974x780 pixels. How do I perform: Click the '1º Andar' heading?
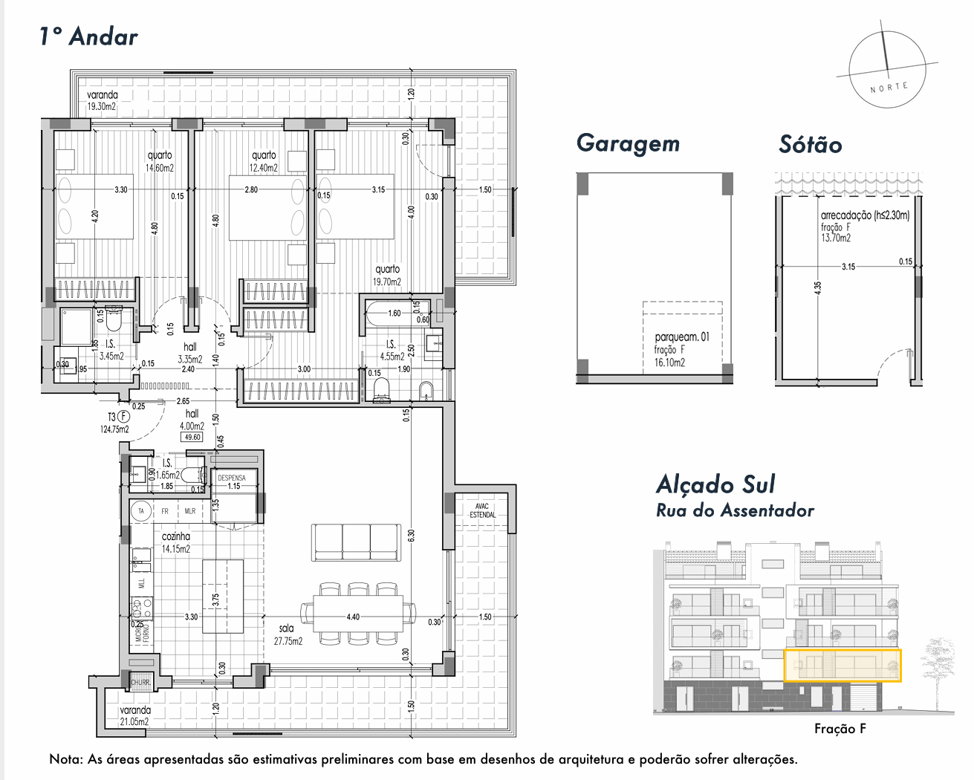[88, 36]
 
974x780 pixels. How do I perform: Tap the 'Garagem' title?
[628, 143]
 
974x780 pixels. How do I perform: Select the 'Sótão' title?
[810, 144]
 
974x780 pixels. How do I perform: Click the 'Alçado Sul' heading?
[715, 484]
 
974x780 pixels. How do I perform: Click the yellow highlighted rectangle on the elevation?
[842, 665]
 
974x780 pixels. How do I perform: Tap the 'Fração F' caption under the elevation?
[840, 729]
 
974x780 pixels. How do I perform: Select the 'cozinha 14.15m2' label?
[176, 542]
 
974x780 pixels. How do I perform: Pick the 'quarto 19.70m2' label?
[387, 276]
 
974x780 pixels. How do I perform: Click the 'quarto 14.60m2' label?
[160, 161]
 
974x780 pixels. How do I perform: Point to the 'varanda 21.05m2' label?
[134, 715]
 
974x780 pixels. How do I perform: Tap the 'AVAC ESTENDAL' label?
[483, 510]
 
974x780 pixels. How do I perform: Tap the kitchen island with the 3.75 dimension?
[223, 596]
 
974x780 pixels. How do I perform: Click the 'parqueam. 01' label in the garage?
[681, 337]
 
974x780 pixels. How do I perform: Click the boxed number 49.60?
[192, 437]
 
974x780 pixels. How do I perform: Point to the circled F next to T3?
[124, 417]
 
